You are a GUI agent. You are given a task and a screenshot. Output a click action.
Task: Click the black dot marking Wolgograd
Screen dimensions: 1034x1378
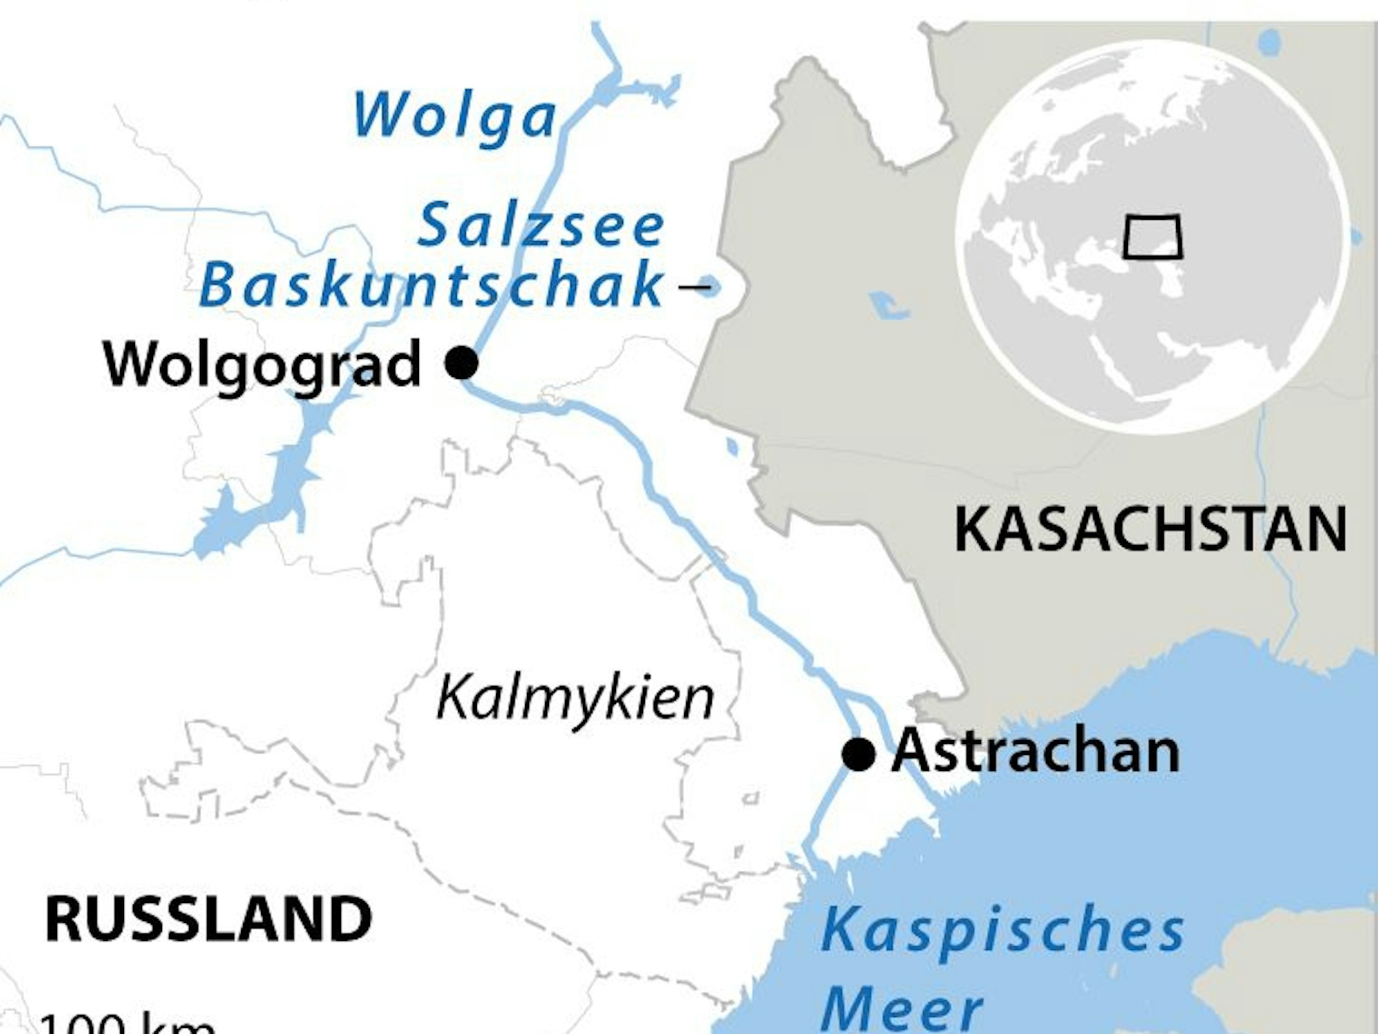pos(462,362)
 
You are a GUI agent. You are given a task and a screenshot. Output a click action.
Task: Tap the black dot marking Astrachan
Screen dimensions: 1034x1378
pos(858,754)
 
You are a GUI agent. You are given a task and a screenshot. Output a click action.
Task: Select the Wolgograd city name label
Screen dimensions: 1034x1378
pos(262,364)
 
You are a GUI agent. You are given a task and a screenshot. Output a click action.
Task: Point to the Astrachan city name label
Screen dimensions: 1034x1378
pos(1036,752)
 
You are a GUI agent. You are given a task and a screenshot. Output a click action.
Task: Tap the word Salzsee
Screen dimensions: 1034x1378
pos(541,226)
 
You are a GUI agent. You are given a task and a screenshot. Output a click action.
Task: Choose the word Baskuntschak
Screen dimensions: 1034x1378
pos(431,285)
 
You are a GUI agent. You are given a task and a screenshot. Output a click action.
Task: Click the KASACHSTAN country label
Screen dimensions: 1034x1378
pos(1150,529)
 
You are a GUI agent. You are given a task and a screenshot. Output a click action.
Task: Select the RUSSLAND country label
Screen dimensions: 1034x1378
pos(208,919)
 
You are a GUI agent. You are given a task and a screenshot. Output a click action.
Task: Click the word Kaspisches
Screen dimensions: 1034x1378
pos(1002,930)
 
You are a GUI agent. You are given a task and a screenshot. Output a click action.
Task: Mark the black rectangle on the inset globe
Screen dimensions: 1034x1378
pos(1152,238)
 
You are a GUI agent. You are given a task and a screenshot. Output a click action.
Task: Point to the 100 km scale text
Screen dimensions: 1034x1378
pos(127,1023)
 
